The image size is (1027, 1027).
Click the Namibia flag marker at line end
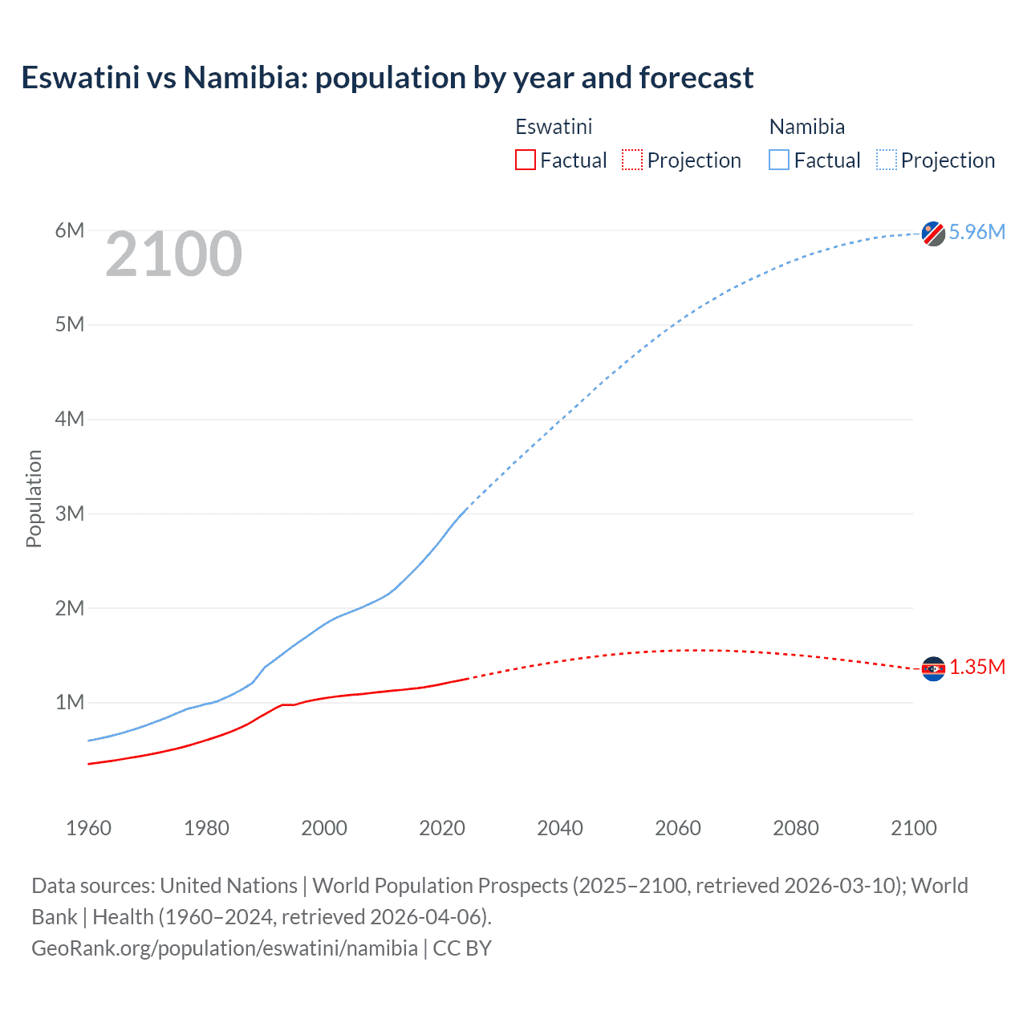coord(933,233)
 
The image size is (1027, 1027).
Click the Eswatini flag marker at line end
coord(933,668)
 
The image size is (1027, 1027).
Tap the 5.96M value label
coord(976,232)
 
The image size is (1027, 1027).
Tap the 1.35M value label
coord(977,668)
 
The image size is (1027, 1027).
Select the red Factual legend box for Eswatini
coord(526,160)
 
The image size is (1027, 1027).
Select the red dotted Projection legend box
coord(632,160)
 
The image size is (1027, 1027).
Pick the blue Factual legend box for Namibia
coord(779,160)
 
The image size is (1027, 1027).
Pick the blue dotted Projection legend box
coord(887,160)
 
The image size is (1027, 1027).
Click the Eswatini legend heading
coord(554,127)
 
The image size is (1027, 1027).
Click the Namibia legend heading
coord(806,127)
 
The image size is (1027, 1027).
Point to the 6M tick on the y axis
coord(70,231)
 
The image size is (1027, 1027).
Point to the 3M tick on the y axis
coord(70,513)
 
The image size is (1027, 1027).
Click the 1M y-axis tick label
coord(70,703)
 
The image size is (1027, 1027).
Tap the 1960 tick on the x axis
coord(88,828)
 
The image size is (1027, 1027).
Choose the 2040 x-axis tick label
coord(560,828)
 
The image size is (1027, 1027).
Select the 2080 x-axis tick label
coord(796,828)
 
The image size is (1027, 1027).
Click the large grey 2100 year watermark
coord(173,254)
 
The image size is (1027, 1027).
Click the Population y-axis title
coord(34,498)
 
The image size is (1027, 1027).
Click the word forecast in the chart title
coord(696,78)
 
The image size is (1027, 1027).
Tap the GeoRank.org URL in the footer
coord(225,948)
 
